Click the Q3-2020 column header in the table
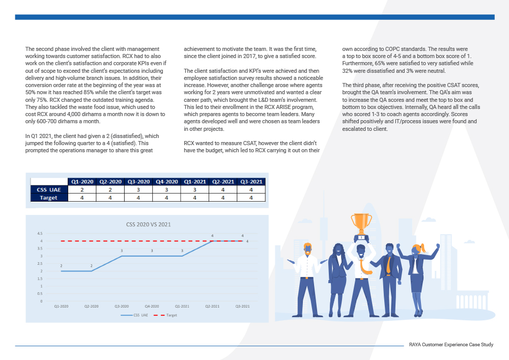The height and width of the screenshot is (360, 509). point(138,182)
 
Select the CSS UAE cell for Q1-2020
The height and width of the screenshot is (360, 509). point(82,189)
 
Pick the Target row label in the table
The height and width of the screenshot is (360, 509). point(49,198)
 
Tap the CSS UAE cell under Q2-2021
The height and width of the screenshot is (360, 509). point(223,189)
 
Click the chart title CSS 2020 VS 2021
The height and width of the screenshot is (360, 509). point(148,225)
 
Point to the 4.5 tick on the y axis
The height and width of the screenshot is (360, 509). point(40,233)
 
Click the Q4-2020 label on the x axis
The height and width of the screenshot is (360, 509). point(152,306)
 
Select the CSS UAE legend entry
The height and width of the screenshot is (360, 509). point(134,315)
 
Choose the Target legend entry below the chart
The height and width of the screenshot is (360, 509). point(165,315)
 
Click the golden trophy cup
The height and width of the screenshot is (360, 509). point(361,224)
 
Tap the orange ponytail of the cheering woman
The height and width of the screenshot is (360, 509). point(422,248)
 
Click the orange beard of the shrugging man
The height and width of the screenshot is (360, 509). point(307,252)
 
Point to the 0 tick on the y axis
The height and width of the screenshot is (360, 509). point(41,301)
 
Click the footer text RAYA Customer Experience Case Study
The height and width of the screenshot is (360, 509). point(451,344)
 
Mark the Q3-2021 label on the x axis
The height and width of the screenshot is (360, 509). point(242,306)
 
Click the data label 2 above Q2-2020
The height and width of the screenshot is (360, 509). point(92,266)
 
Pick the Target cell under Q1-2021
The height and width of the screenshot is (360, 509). point(195,198)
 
